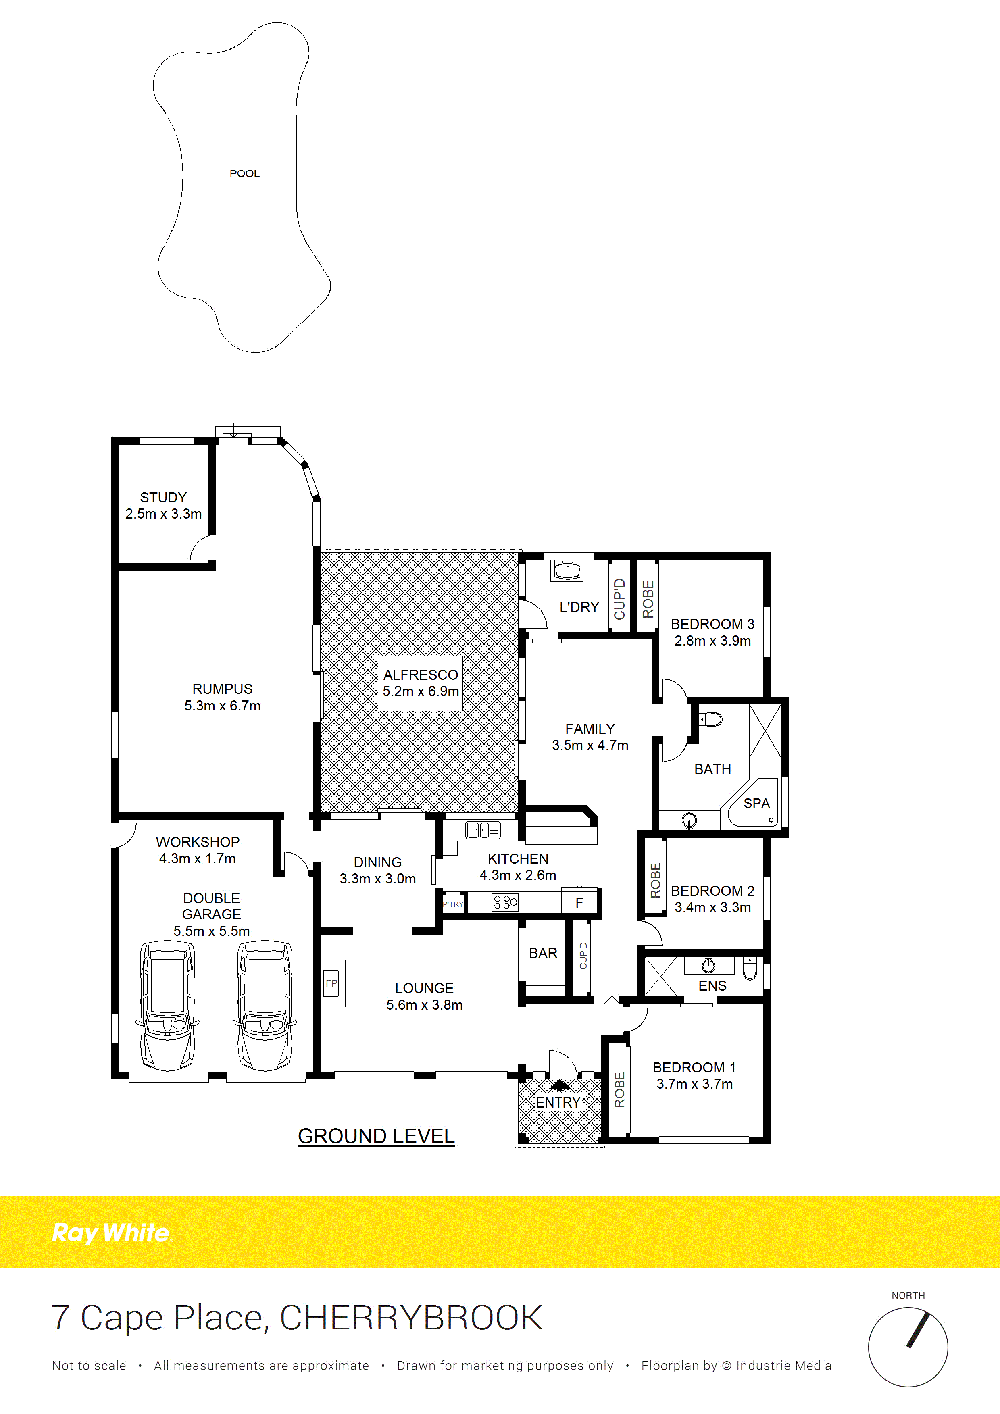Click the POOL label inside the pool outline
click(244, 174)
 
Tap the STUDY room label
click(163, 497)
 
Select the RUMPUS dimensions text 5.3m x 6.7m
click(222, 706)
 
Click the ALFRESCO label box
click(421, 683)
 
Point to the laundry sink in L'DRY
click(567, 570)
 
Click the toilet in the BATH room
click(710, 719)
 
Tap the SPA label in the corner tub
click(757, 804)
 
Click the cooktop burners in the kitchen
click(505, 903)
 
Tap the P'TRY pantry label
click(453, 904)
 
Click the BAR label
click(543, 953)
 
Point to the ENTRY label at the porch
click(558, 1102)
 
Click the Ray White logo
click(112, 1233)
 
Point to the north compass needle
click(917, 1330)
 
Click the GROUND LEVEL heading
click(376, 1136)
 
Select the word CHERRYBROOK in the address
click(411, 1318)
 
